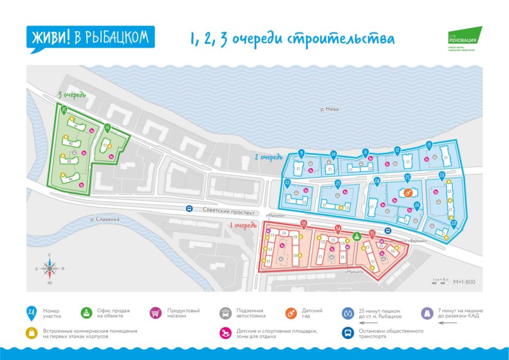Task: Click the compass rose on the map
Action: (50, 269)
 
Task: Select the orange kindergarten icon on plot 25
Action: (407, 193)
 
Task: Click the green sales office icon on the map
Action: (356, 235)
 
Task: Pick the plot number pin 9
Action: (301, 153)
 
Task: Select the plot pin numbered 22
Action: (287, 183)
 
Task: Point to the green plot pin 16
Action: (107, 128)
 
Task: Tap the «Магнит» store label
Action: (355, 272)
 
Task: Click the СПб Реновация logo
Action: (464, 39)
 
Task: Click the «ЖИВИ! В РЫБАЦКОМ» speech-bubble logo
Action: (89, 38)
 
